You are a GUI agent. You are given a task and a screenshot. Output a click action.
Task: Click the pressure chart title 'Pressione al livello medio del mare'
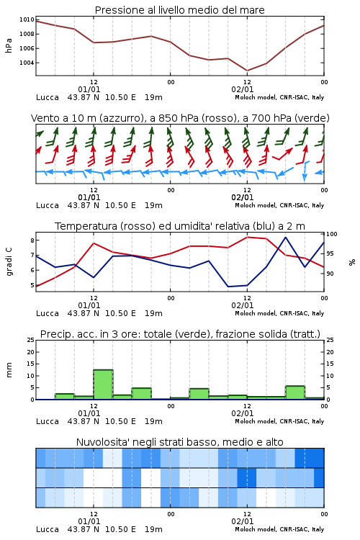click(x=180, y=10)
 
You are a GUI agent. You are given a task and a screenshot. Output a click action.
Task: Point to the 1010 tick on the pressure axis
click(x=27, y=19)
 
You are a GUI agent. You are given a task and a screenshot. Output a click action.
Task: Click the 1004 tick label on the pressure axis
click(x=27, y=63)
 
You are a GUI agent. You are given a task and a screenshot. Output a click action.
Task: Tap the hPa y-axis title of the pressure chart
click(x=9, y=45)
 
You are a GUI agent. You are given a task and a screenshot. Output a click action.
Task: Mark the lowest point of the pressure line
click(x=247, y=71)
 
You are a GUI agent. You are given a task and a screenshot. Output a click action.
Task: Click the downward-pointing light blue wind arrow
click(x=305, y=171)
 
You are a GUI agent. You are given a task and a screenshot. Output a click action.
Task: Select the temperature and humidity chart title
click(x=180, y=226)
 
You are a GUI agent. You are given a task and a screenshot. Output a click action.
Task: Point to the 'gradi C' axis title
click(x=9, y=261)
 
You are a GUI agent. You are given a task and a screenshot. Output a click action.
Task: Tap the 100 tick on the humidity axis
click(x=332, y=234)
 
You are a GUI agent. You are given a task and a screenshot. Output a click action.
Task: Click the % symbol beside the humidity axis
click(x=352, y=262)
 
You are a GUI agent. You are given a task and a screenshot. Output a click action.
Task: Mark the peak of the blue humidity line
click(x=285, y=237)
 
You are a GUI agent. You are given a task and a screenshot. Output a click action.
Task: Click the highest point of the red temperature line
click(x=247, y=237)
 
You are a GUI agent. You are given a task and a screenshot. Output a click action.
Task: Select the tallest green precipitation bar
click(x=104, y=384)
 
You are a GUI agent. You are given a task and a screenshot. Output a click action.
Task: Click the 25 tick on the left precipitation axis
click(x=31, y=340)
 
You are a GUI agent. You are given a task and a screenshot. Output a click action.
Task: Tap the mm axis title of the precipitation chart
click(x=9, y=370)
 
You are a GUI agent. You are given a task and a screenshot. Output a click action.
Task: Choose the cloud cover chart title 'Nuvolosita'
click(x=180, y=442)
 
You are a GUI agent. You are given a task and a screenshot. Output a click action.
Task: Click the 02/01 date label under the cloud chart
click(x=243, y=521)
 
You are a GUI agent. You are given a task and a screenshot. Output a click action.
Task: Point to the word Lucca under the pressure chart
click(x=48, y=97)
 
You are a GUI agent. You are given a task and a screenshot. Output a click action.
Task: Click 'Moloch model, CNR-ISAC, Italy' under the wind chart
click(x=279, y=205)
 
